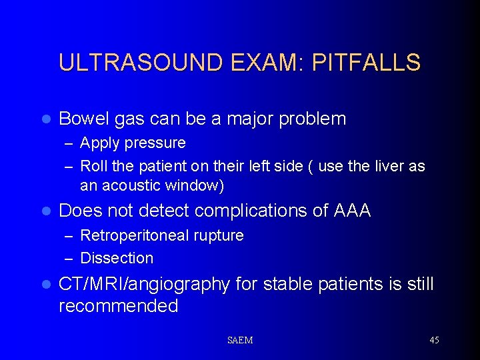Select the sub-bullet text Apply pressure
133,143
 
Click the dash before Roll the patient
69,166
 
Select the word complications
245,211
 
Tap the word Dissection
117,258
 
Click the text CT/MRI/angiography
143,285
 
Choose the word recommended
119,306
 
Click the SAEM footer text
240,340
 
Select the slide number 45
434,340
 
